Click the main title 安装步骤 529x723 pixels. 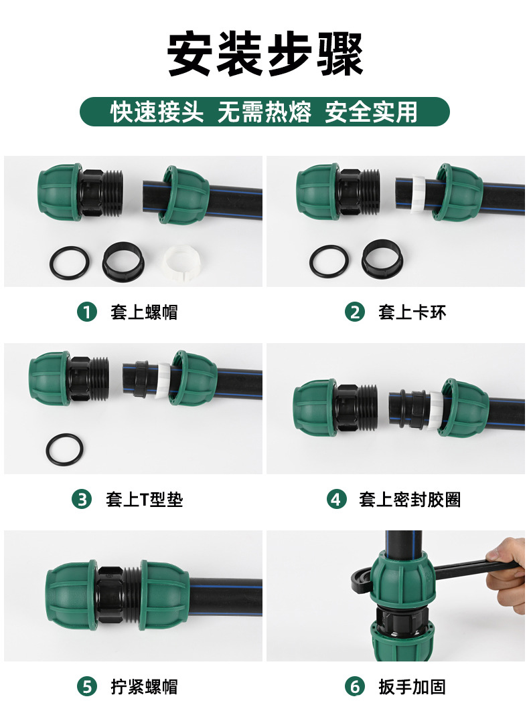264,54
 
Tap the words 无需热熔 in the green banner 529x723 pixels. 264,112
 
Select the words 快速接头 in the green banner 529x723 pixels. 157,112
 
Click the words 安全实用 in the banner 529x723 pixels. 371,112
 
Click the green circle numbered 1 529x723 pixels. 87,312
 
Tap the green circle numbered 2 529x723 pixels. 355,312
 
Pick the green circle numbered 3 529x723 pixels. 82,499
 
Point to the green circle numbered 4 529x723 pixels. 336,499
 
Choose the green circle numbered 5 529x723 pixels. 87,686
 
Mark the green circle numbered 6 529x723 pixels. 355,686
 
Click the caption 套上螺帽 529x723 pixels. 144,312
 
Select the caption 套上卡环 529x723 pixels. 412,312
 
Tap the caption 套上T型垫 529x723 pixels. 144,499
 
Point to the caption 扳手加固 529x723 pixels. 412,686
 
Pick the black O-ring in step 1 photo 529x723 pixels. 69,262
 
